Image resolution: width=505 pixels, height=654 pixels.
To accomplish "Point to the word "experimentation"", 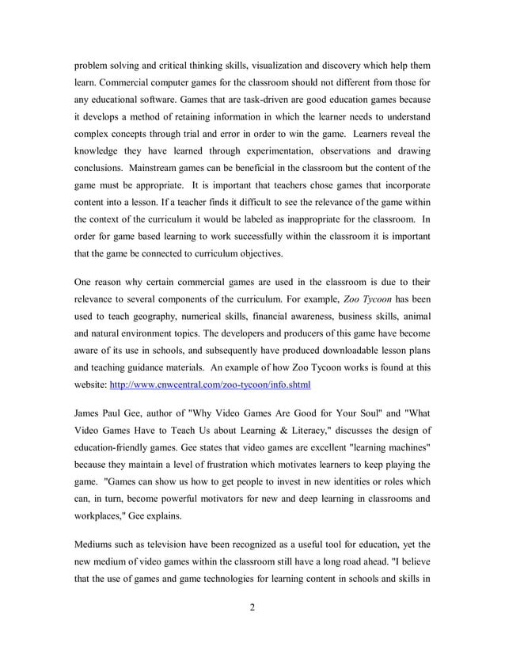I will point(278,151).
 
